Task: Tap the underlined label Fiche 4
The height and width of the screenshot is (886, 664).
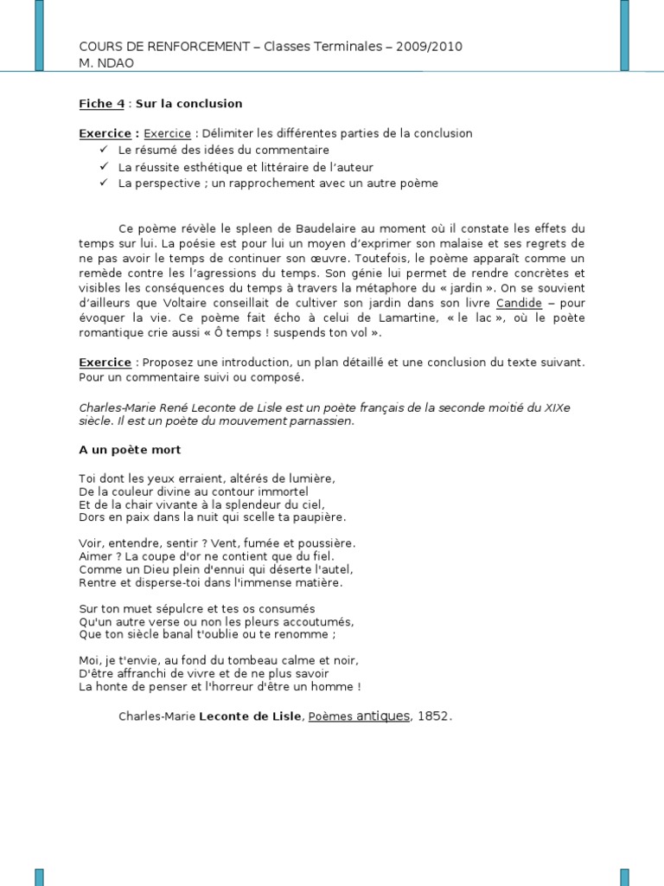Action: point(101,104)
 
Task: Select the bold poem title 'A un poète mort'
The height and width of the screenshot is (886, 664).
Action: point(130,450)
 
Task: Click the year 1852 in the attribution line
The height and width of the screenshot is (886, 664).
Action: point(434,716)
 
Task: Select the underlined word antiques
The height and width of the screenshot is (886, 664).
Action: point(382,716)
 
